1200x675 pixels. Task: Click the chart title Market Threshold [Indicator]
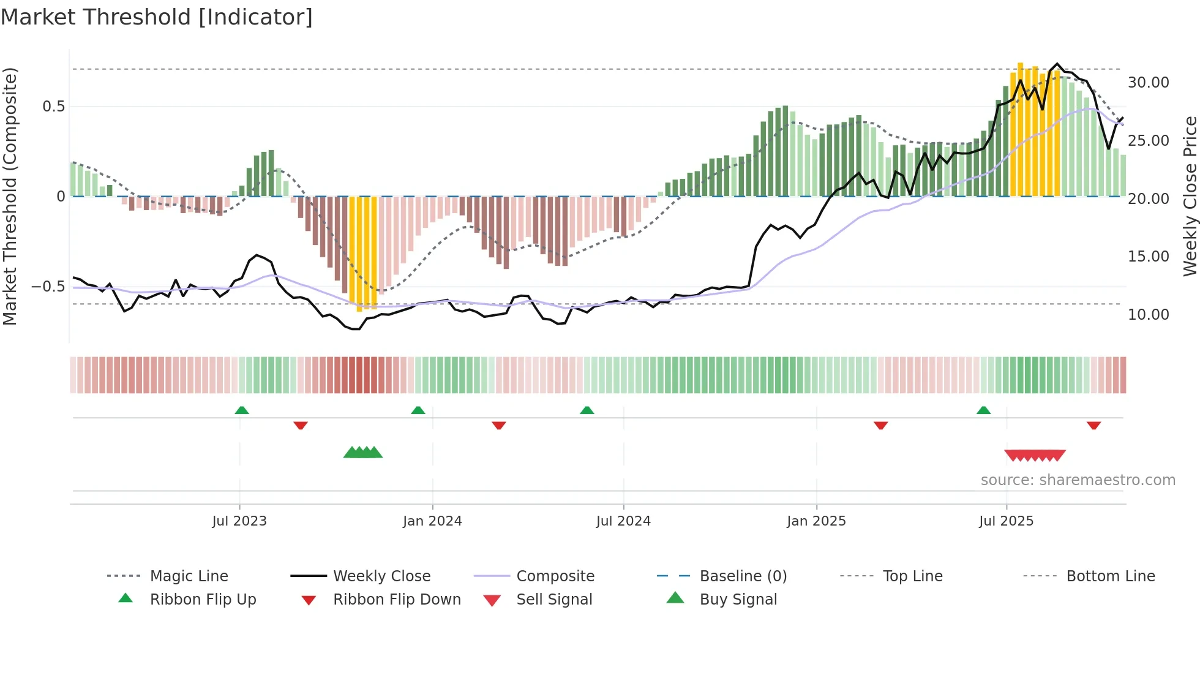pyautogui.click(x=157, y=17)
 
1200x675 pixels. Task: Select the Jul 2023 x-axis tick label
pyautogui.click(x=239, y=521)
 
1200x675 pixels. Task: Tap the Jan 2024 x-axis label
pyautogui.click(x=432, y=521)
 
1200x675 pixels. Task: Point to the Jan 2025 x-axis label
pyautogui.click(x=816, y=521)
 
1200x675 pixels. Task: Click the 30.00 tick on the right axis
pyautogui.click(x=1148, y=83)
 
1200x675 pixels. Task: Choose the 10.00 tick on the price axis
pyautogui.click(x=1148, y=315)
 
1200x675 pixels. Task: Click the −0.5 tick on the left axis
pyautogui.click(x=48, y=287)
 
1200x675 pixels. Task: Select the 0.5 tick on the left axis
pyautogui.click(x=53, y=107)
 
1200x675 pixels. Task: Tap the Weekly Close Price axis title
pyautogui.click(x=1190, y=196)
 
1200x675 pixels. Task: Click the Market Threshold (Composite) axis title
pyautogui.click(x=10, y=196)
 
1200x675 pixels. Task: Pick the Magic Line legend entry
pyautogui.click(x=189, y=576)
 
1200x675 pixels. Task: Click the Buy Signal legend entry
pyautogui.click(x=738, y=600)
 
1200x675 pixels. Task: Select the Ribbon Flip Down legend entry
pyautogui.click(x=397, y=600)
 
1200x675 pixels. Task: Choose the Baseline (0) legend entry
pyautogui.click(x=743, y=576)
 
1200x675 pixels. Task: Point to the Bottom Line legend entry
pyautogui.click(x=1110, y=576)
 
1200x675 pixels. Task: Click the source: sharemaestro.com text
pyautogui.click(x=1078, y=480)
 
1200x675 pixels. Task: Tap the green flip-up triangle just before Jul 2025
pyautogui.click(x=983, y=410)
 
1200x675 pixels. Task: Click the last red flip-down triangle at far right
pyautogui.click(x=1093, y=425)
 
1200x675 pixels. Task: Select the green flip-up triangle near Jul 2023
pyautogui.click(x=242, y=410)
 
